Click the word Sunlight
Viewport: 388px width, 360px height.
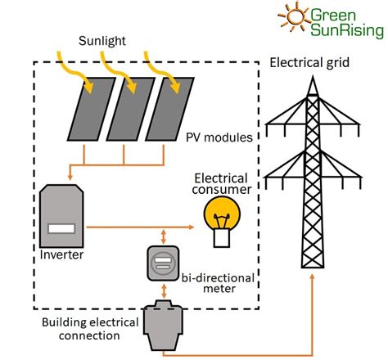point(102,42)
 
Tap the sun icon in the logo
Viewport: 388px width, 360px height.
point(295,16)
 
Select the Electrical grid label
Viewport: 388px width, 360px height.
point(309,63)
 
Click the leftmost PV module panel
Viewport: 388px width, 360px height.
point(92,109)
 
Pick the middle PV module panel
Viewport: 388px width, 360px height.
point(131,109)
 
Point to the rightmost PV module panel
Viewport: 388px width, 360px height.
point(169,109)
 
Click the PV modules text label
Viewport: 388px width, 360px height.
point(219,137)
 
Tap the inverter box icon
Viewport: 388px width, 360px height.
point(61,216)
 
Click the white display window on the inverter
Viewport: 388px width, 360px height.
point(61,228)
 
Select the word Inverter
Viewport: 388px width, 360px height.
point(61,254)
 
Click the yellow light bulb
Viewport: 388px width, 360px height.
point(222,222)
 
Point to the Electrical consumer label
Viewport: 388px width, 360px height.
point(221,184)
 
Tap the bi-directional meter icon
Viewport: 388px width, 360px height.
point(163,263)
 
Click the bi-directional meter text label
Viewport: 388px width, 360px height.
point(219,283)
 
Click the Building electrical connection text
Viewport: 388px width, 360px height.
point(90,329)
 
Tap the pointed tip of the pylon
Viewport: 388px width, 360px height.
point(313,77)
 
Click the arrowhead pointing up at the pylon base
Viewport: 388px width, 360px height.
point(313,277)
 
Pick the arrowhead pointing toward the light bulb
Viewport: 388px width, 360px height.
point(191,227)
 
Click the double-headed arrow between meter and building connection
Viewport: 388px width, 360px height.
point(164,291)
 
